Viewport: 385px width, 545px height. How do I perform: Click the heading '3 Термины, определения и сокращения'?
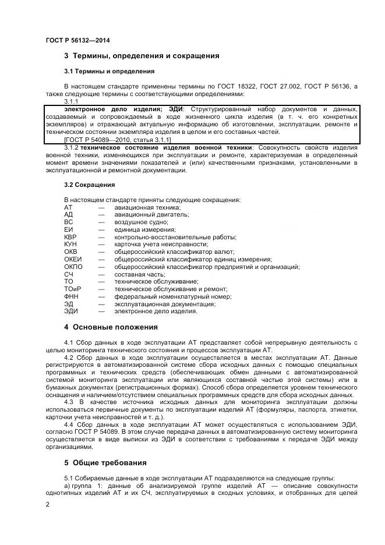[x=142, y=56]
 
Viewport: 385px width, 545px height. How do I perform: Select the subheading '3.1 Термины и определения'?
[x=109, y=71]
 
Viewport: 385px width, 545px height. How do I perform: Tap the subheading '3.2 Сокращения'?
[x=89, y=185]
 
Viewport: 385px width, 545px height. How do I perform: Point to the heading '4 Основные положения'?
[x=111, y=327]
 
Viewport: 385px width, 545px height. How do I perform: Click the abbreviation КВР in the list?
[x=70, y=237]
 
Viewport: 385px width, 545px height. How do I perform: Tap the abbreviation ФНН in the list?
[x=70, y=296]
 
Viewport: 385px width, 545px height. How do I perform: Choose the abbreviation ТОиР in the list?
[x=72, y=289]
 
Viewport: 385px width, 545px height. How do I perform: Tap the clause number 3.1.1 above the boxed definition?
[x=70, y=101]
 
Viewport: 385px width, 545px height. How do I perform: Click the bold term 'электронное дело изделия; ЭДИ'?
[x=123, y=109]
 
